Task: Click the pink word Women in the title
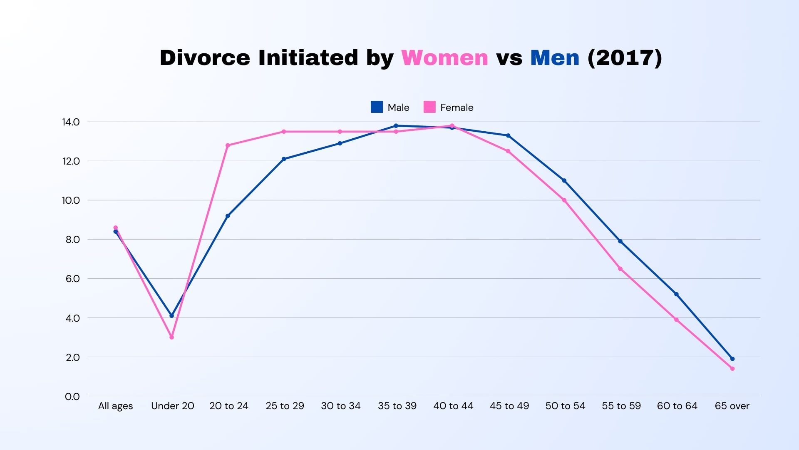pyautogui.click(x=444, y=57)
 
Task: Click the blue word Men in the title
pyautogui.click(x=555, y=57)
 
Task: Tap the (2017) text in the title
pyautogui.click(x=625, y=57)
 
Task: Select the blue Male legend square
pyautogui.click(x=377, y=107)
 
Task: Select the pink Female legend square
pyautogui.click(x=429, y=107)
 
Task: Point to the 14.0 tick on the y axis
pyautogui.click(x=71, y=122)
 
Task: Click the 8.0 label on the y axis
pyautogui.click(x=72, y=240)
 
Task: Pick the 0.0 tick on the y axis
pyautogui.click(x=72, y=397)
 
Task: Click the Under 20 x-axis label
pyautogui.click(x=172, y=406)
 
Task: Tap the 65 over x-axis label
pyautogui.click(x=732, y=406)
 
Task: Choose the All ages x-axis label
pyautogui.click(x=115, y=406)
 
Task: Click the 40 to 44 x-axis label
pyautogui.click(x=453, y=406)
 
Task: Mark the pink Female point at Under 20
pyautogui.click(x=171, y=337)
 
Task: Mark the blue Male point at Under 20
pyautogui.click(x=171, y=316)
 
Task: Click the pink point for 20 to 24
pyautogui.click(x=228, y=145)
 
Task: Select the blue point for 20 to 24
pyautogui.click(x=228, y=216)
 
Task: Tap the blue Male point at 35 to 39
pyautogui.click(x=396, y=126)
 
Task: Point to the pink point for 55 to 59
pyautogui.click(x=620, y=269)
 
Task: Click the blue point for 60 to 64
pyautogui.click(x=676, y=294)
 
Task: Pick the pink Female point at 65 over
pyautogui.click(x=732, y=369)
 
